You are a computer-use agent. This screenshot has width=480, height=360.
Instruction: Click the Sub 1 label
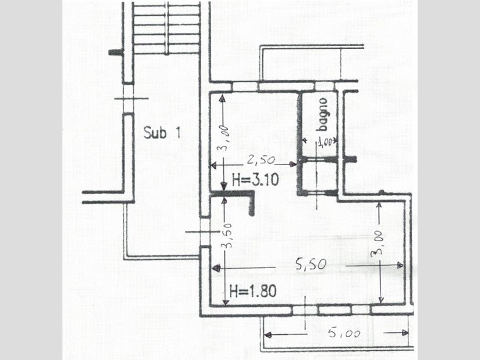tap(162, 133)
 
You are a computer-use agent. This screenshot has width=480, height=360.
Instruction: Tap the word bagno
tap(323, 114)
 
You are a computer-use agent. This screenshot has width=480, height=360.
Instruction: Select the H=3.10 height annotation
tap(256, 179)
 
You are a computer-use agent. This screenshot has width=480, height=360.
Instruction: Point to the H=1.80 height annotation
tap(253, 290)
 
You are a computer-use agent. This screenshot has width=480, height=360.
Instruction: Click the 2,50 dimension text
tap(261, 160)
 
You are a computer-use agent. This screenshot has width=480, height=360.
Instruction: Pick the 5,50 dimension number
tap(311, 264)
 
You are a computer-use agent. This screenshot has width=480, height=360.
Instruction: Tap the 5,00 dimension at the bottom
tap(344, 333)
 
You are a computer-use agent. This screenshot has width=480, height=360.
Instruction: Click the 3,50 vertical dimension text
tap(227, 235)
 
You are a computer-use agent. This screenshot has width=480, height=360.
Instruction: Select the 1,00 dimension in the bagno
tap(325, 142)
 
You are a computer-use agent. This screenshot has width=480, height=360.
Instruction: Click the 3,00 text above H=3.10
tap(224, 138)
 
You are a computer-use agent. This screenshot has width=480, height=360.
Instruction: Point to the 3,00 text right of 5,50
tap(377, 243)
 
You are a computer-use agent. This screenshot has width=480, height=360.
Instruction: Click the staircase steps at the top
tap(167, 28)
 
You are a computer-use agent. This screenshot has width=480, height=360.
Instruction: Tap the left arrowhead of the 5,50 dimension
tap(216, 268)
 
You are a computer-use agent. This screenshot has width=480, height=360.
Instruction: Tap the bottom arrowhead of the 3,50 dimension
tap(226, 302)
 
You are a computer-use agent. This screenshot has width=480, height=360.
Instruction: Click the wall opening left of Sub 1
tap(128, 98)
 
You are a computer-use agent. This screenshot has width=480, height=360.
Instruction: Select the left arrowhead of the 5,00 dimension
tap(268, 335)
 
